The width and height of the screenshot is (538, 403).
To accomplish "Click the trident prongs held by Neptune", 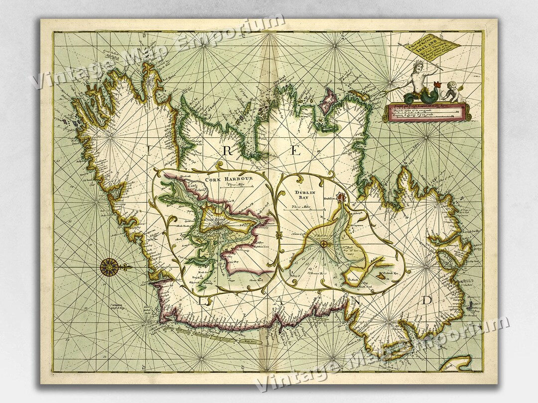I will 402,46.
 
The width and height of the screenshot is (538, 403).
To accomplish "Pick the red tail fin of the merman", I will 438,82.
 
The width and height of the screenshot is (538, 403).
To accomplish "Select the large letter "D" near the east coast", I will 427,300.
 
